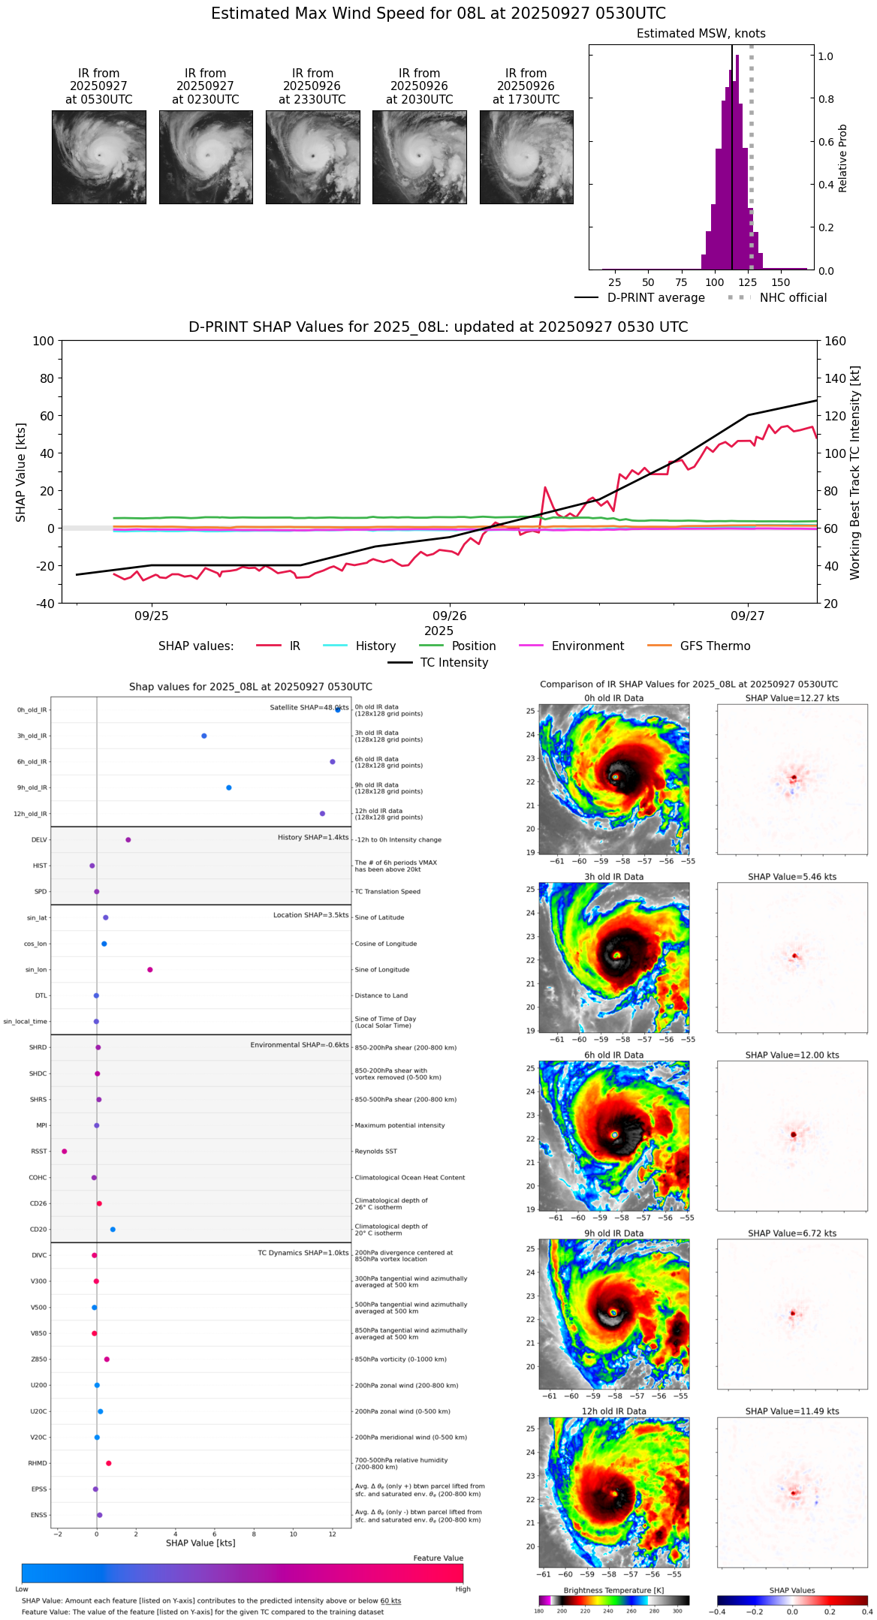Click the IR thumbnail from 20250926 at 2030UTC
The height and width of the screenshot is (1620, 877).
pyautogui.click(x=419, y=157)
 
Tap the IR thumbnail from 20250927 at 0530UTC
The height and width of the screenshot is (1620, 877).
pyautogui.click(x=98, y=157)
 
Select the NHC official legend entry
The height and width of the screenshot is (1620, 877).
pyautogui.click(x=793, y=298)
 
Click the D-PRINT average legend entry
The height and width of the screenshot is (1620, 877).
pyautogui.click(x=655, y=298)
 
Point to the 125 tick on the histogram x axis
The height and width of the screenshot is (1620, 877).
pyautogui.click(x=747, y=282)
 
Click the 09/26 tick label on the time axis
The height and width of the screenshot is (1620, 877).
pyautogui.click(x=450, y=616)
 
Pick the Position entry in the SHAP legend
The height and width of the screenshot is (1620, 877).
pyautogui.click(x=473, y=646)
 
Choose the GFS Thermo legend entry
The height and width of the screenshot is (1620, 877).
pyautogui.click(x=715, y=646)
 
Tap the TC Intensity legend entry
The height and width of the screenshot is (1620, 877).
pyautogui.click(x=454, y=663)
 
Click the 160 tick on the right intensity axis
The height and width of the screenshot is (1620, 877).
pyautogui.click(x=835, y=342)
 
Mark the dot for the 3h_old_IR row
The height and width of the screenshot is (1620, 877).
pyautogui.click(x=204, y=736)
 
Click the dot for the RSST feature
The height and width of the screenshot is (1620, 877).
pyautogui.click(x=65, y=1151)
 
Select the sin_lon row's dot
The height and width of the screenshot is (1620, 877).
pyautogui.click(x=150, y=969)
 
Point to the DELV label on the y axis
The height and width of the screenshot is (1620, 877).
pyautogui.click(x=39, y=840)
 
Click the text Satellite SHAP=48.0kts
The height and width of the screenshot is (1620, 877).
pyautogui.click(x=309, y=708)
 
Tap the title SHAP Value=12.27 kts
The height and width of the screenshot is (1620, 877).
pyautogui.click(x=791, y=698)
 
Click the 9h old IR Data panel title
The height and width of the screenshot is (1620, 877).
pyautogui.click(x=613, y=1233)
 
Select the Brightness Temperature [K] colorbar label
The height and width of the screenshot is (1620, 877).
pyautogui.click(x=613, y=1590)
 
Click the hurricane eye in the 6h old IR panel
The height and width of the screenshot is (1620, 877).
pyautogui.click(x=614, y=1134)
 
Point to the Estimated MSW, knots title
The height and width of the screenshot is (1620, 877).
pyautogui.click(x=701, y=34)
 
